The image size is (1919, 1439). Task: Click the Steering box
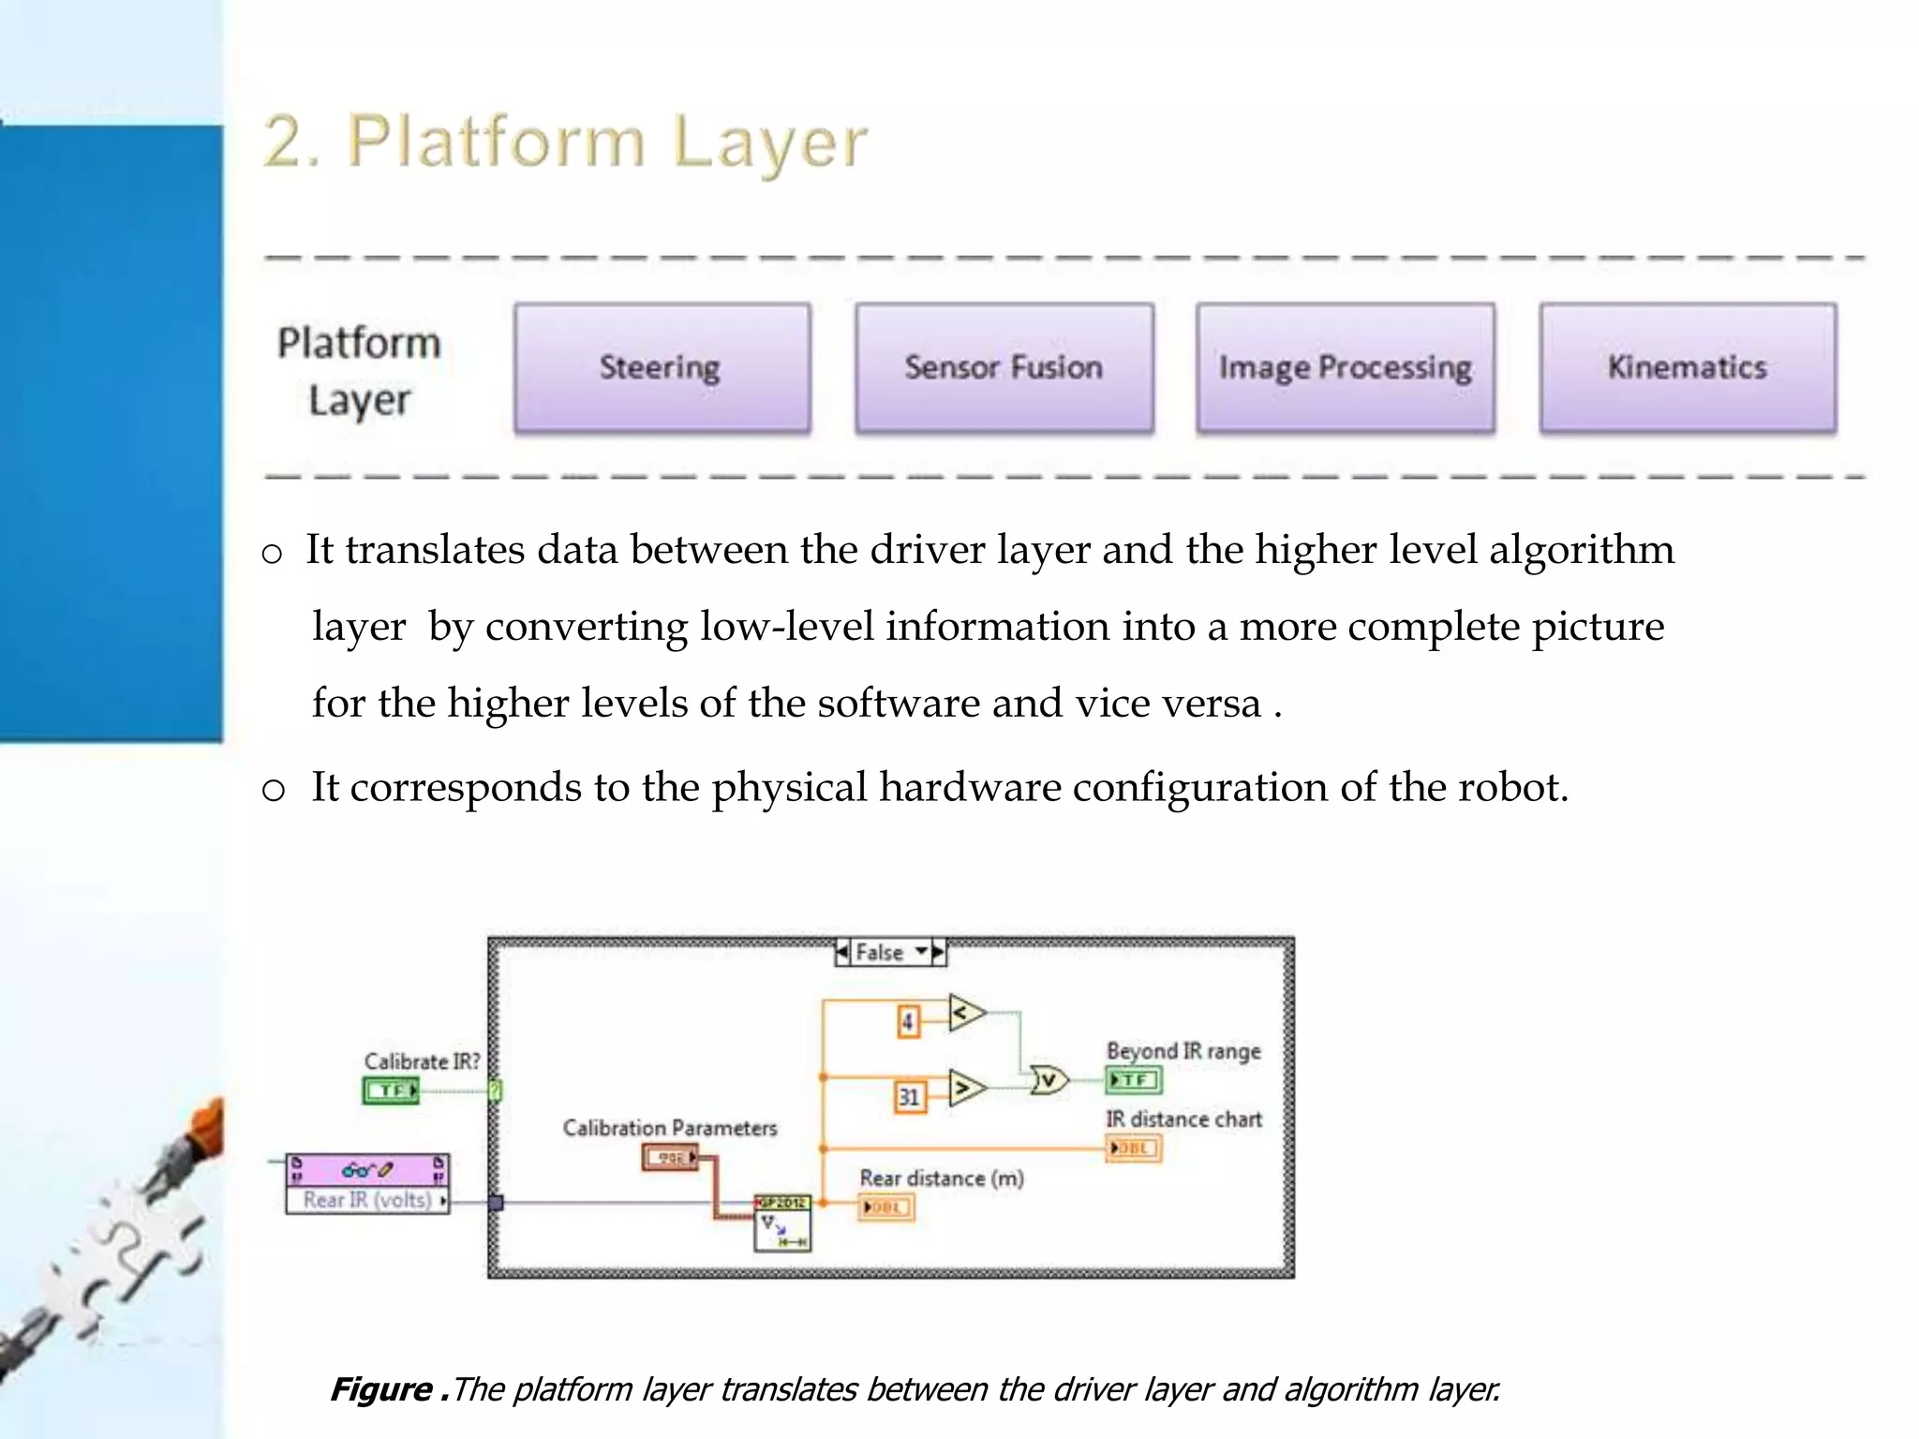(662, 367)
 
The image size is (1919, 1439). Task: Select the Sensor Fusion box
(1004, 367)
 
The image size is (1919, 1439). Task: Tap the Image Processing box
(1345, 367)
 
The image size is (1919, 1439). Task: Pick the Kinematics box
(1688, 367)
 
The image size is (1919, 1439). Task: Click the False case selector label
(880, 953)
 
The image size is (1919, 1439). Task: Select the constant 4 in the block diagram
(907, 1020)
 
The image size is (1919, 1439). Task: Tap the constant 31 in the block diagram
(909, 1096)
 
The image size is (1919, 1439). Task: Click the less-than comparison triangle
(965, 1013)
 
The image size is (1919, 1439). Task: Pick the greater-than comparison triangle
(966, 1088)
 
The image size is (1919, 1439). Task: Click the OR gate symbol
(1049, 1080)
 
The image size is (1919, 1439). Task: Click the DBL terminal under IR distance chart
(1133, 1148)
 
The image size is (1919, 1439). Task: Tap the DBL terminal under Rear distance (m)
(885, 1208)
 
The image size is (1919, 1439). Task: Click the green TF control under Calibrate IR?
(391, 1090)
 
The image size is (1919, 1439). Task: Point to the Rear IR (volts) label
(367, 1200)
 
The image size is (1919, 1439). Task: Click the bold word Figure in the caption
(381, 1388)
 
